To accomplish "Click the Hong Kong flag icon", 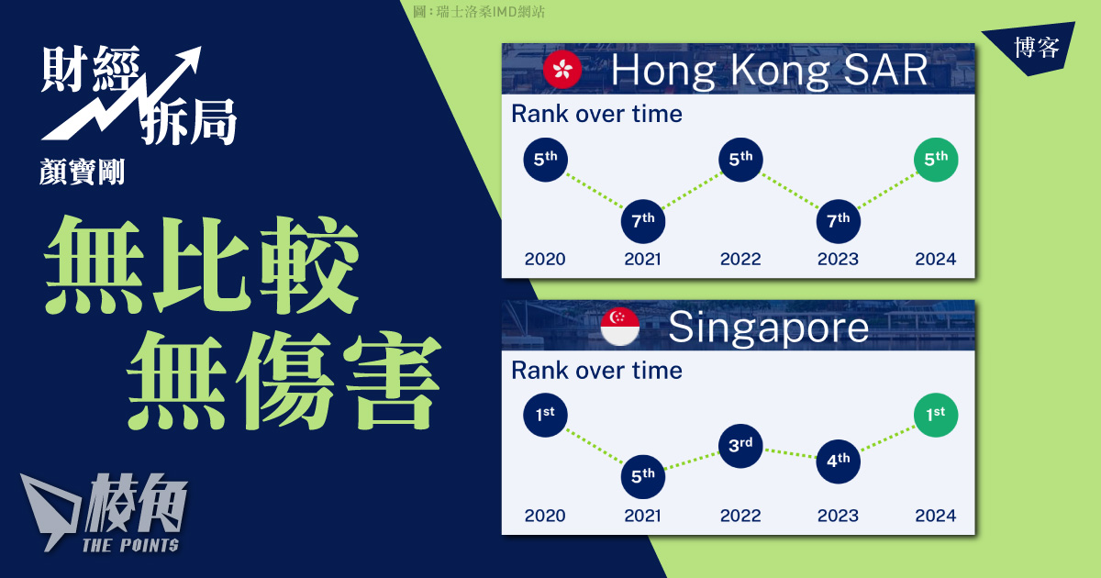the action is (x=562, y=70).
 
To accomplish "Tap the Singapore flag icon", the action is (x=620, y=327).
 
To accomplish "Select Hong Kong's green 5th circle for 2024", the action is (x=936, y=160).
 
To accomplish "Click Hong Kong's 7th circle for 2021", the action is (x=643, y=221).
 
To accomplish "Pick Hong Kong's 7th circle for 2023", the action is (x=838, y=221).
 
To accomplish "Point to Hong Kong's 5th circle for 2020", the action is (x=546, y=160).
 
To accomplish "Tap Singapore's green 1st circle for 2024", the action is (x=936, y=416).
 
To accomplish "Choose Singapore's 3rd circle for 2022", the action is (x=740, y=446).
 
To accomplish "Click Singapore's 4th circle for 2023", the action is (x=838, y=461).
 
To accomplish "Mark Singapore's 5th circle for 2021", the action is (x=643, y=477).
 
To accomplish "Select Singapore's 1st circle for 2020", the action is (x=546, y=416).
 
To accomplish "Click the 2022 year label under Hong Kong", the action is (x=740, y=259).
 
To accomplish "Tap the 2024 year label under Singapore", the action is (x=935, y=516).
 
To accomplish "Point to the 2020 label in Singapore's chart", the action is (x=545, y=516).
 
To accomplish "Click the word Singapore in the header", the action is (x=768, y=328).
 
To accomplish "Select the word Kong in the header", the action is (x=780, y=71).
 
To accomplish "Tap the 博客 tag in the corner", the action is (x=1036, y=48).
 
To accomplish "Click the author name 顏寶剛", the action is (x=82, y=172).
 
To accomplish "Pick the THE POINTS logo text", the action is (x=130, y=545).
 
